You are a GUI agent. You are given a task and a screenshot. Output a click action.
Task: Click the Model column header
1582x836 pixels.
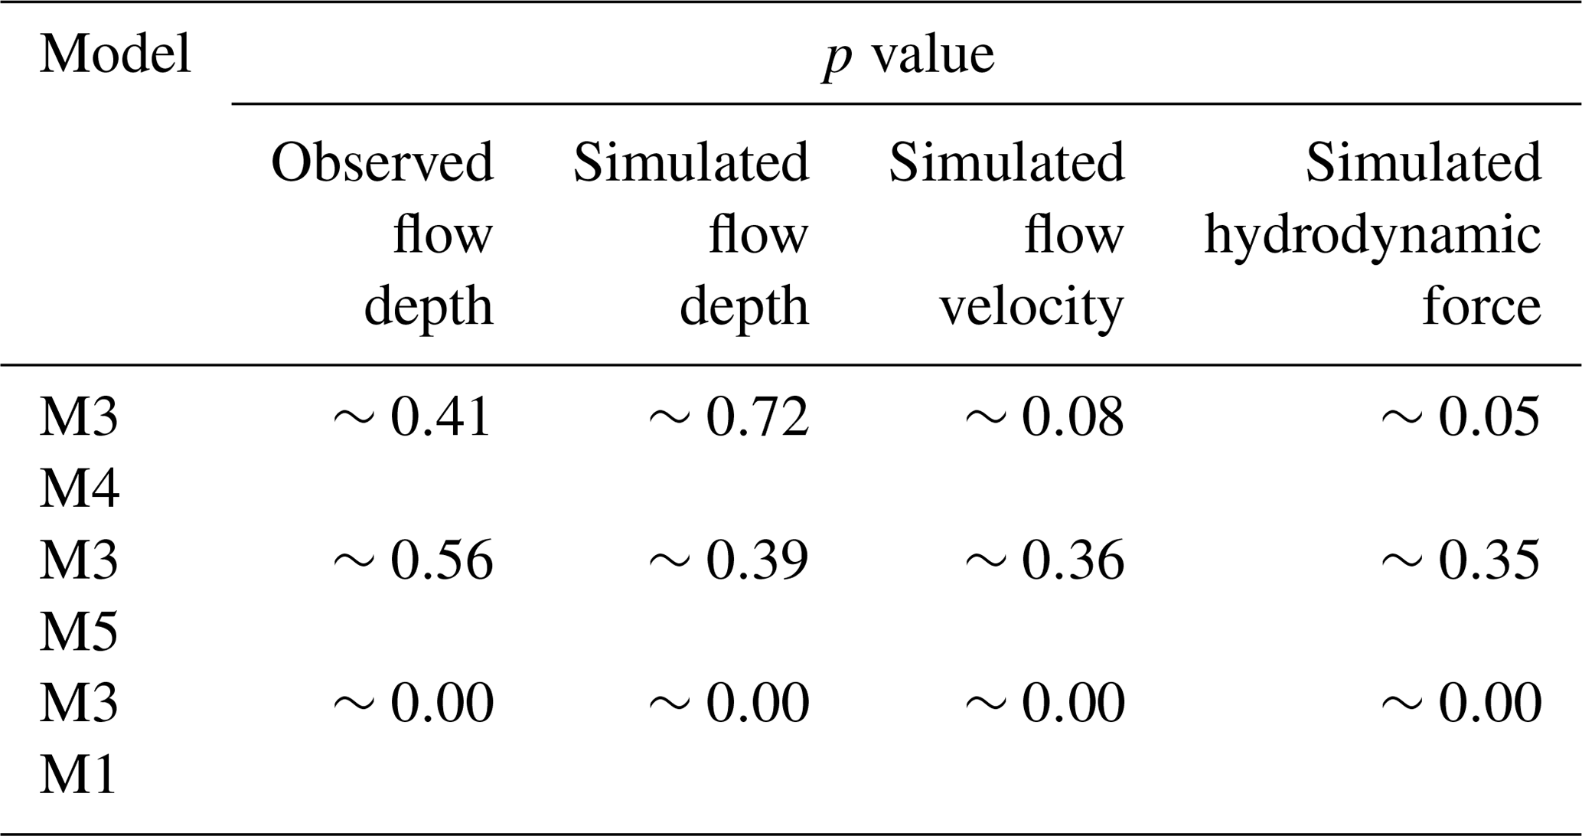(115, 54)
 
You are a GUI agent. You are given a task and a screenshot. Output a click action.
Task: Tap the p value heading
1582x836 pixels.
(908, 56)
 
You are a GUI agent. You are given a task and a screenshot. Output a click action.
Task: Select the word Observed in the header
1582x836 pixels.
(383, 163)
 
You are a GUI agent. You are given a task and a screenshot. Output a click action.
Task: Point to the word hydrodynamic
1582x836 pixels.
(1372, 236)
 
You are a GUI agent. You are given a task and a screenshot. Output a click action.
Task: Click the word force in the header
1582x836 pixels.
(1481, 306)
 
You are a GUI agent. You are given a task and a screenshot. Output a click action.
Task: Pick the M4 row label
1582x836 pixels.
(79, 488)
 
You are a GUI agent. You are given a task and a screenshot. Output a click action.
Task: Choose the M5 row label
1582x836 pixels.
(79, 632)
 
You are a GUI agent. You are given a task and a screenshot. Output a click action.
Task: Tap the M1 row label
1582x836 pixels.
(78, 775)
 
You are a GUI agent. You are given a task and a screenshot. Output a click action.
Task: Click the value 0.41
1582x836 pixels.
(441, 418)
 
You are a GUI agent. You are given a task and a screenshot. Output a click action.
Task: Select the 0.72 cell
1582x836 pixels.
(757, 418)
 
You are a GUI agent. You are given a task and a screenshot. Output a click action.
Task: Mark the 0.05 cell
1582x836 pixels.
(1489, 418)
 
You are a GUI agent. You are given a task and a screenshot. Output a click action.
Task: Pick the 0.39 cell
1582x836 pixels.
(757, 560)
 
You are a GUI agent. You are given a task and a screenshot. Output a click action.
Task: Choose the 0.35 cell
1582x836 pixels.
(1489, 560)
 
